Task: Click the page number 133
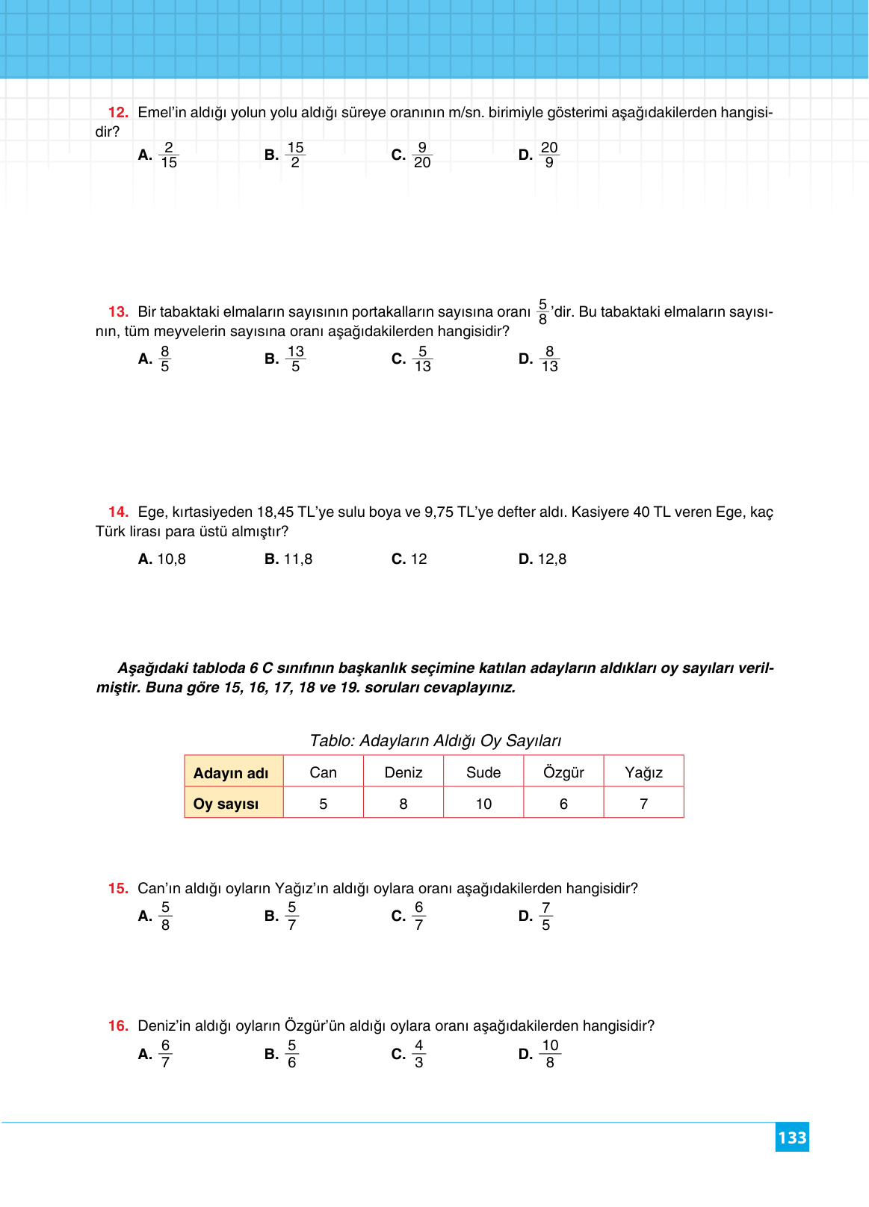tap(792, 1138)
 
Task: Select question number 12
tap(118, 113)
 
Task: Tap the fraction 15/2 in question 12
tap(296, 155)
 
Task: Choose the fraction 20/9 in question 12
tap(549, 155)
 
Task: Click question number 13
tap(118, 312)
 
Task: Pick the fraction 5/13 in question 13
tap(422, 359)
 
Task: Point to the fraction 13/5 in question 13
tap(296, 359)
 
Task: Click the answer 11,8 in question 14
tap(297, 559)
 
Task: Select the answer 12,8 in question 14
tap(551, 559)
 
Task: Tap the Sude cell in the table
tap(483, 772)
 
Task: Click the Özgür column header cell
tap(563, 772)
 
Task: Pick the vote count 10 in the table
tap(483, 804)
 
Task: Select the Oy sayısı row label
tap(226, 804)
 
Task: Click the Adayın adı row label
tap(230, 773)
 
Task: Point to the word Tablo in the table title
tap(332, 741)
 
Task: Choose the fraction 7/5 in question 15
tap(546, 916)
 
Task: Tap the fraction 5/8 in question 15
tap(165, 916)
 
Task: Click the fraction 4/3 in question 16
tap(418, 1054)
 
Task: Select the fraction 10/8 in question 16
tap(550, 1054)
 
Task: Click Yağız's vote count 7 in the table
tap(643, 804)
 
